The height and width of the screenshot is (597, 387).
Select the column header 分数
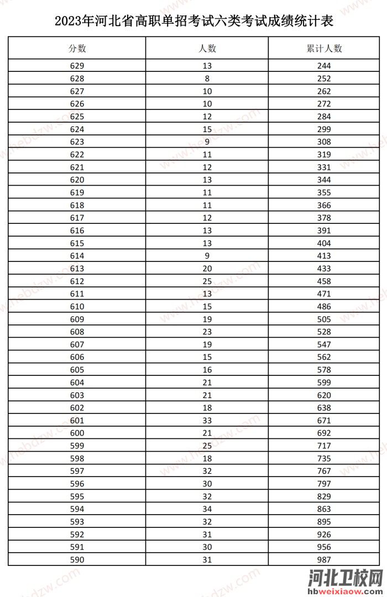pos(77,48)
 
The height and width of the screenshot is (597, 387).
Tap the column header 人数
pos(207,48)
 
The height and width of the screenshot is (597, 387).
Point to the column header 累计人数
pos(325,48)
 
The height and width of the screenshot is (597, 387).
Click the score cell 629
pos(77,66)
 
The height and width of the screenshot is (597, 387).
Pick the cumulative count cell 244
pos(325,66)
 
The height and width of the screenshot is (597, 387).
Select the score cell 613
pos(77,269)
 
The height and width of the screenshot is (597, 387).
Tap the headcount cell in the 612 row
pos(207,281)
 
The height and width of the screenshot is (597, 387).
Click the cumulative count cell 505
pos(325,319)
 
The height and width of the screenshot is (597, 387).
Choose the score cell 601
pos(77,421)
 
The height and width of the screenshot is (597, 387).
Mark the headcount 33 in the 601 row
pos(207,421)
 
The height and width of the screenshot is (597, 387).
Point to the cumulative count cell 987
pos(325,560)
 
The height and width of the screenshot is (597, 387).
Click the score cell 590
pos(77,560)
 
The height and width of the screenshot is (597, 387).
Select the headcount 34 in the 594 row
pos(207,509)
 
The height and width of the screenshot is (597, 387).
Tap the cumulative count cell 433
pos(325,269)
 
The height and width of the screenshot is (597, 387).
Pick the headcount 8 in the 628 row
pos(207,78)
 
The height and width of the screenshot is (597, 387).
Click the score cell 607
pos(77,344)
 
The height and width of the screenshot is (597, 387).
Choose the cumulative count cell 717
pos(325,446)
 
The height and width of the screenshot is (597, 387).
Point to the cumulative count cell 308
pos(325,142)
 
